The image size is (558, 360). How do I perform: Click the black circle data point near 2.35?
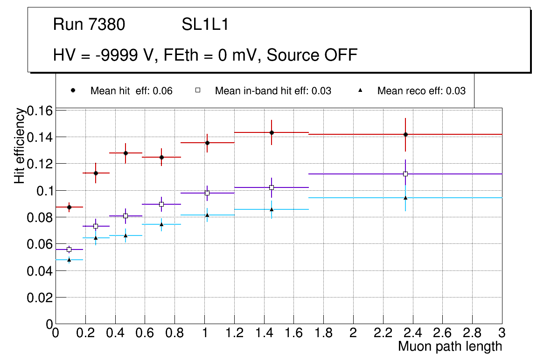coord(405,134)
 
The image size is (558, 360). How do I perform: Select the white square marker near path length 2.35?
coord(405,174)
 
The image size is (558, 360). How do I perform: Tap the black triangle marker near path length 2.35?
coord(405,198)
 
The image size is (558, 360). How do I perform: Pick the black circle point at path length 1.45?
coord(272,132)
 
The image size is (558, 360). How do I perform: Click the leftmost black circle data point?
coord(69,207)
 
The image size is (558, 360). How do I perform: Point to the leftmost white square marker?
coord(69,249)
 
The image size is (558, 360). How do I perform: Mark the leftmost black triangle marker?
coord(69,259)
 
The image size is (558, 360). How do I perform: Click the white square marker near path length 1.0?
coord(207,193)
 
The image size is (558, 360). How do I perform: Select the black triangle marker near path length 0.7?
coord(161,224)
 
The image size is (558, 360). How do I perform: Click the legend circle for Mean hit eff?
coord(73,90)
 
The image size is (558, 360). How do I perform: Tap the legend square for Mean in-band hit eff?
coord(197,90)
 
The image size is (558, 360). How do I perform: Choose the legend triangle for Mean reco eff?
coord(360,90)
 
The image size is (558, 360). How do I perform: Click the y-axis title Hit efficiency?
coord(20,145)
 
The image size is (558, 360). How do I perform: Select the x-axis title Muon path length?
coord(450,346)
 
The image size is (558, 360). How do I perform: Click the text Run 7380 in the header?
coord(89,25)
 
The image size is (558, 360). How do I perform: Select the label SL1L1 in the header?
coord(205,25)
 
